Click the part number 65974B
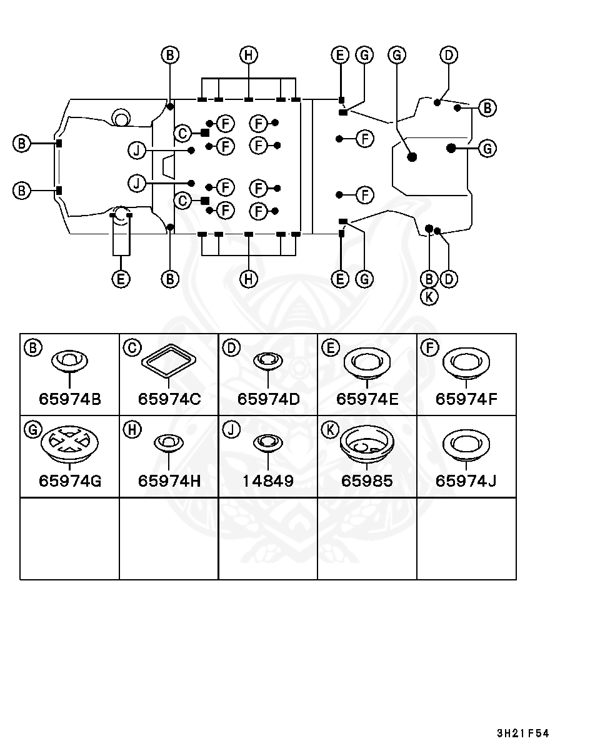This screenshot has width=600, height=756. pyautogui.click(x=69, y=399)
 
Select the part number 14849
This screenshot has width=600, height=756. pyautogui.click(x=267, y=481)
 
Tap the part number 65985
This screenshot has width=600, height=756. pyautogui.click(x=367, y=481)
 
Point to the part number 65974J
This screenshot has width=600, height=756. pyautogui.click(x=466, y=481)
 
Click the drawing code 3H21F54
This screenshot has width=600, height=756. pyautogui.click(x=522, y=734)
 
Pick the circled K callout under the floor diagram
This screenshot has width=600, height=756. pyautogui.click(x=429, y=296)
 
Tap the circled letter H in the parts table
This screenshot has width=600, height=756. pyautogui.click(x=132, y=430)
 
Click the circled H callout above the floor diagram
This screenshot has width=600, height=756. pyautogui.click(x=249, y=55)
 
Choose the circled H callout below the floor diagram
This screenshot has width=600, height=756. pyautogui.click(x=249, y=279)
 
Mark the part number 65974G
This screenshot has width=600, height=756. pyautogui.click(x=69, y=481)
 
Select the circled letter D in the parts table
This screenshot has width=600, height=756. pyautogui.click(x=231, y=347)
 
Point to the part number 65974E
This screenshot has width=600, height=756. pyautogui.click(x=367, y=399)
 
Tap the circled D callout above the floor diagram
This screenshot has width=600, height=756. pyautogui.click(x=448, y=55)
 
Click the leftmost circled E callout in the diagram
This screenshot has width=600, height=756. pyautogui.click(x=121, y=279)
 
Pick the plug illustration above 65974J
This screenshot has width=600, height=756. pyautogui.click(x=466, y=445)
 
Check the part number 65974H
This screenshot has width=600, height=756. pyautogui.click(x=169, y=481)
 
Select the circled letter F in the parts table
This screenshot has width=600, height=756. pyautogui.click(x=429, y=347)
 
